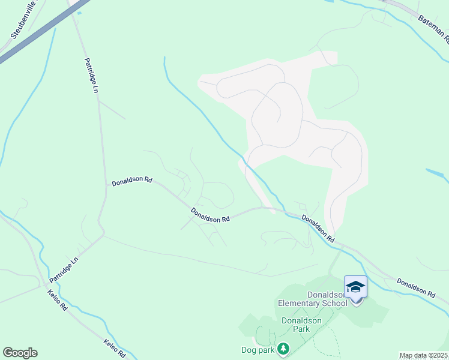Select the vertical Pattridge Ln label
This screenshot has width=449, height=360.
92,76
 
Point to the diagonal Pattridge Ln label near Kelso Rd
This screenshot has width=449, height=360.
64,270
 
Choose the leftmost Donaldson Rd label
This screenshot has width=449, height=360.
132,181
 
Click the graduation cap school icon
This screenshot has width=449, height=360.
355,287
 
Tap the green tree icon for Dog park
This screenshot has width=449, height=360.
283,349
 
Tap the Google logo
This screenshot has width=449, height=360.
20,353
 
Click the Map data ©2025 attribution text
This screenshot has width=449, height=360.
423,355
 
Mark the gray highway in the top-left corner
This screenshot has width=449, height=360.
36,34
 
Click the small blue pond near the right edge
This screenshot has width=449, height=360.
437,175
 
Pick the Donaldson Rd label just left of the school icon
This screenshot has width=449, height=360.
318,228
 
